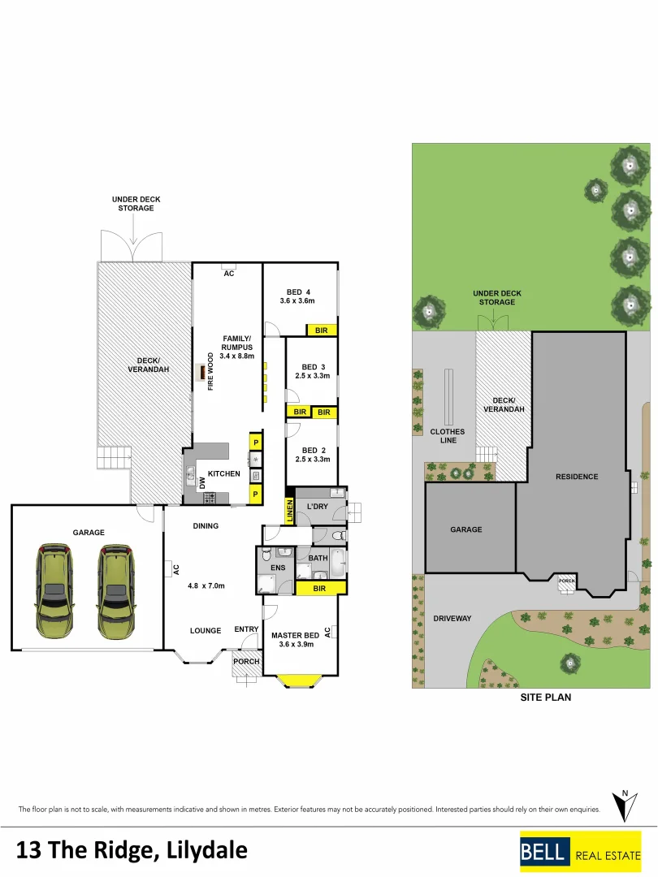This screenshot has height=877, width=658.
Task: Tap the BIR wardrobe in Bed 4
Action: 322,330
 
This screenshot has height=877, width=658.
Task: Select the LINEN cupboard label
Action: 288,511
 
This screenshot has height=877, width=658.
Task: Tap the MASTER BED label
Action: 295,635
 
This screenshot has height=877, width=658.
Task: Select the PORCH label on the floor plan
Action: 246,661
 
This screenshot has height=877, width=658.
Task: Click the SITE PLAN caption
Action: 545,697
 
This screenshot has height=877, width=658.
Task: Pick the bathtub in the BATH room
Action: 336,562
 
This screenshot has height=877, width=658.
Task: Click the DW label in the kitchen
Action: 202,482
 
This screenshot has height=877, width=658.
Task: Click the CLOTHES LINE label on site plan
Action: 448,436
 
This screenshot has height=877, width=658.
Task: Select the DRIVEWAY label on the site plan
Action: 452,618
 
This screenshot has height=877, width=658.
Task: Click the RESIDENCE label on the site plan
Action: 577,477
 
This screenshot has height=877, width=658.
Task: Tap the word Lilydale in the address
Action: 206,850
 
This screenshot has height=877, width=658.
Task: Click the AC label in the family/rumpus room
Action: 229,274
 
